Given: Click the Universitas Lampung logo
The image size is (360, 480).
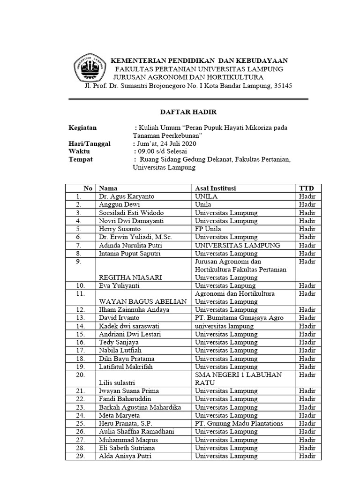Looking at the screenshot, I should click(x=89, y=69).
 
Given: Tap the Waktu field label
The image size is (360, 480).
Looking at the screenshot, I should click(x=79, y=151).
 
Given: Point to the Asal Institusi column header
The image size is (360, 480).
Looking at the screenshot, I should click(x=215, y=188).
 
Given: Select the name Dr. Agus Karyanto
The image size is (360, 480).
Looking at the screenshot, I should click(x=127, y=196).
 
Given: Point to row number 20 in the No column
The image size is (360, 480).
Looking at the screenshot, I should click(x=81, y=375).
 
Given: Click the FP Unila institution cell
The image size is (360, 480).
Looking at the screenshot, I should click(x=209, y=229).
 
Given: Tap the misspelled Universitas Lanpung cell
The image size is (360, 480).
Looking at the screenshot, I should click(x=225, y=285).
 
